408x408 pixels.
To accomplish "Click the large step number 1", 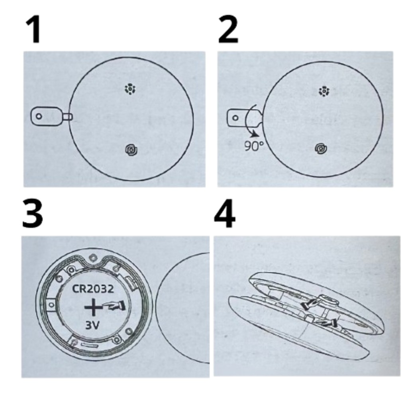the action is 34,29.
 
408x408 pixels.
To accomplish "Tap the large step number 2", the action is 228,29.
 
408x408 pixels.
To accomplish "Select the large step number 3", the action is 33,214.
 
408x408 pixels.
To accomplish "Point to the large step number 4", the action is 225,214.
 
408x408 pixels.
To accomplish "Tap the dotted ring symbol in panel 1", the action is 130,89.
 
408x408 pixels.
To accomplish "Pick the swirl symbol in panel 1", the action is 131,150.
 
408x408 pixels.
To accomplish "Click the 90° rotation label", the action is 254,146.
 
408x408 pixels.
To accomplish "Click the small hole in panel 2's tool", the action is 235,118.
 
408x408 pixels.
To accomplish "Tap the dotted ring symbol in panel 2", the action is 324,92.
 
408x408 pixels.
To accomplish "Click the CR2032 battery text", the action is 93,289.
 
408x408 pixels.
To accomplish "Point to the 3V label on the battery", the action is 92,325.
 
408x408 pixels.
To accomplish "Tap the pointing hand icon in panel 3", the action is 115,306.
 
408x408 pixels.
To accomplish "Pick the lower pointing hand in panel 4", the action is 326,323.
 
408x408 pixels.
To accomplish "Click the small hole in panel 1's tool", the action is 39,116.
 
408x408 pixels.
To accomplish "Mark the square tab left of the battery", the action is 51,305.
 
